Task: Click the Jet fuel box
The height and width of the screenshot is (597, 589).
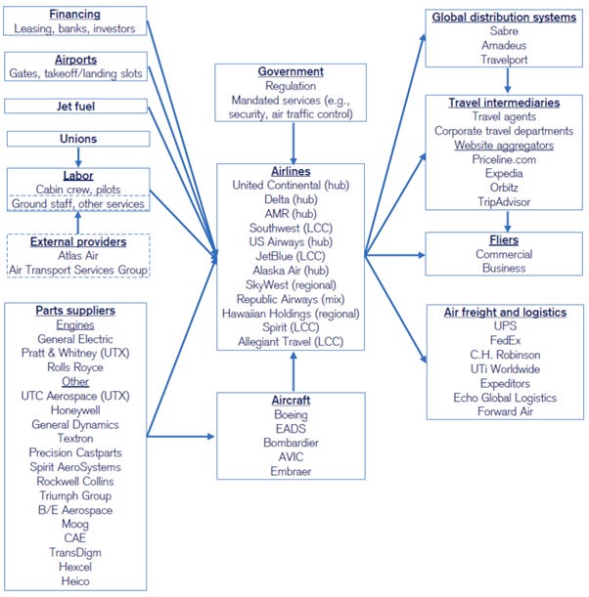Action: [75, 106]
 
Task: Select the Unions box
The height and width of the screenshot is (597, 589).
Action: [76, 139]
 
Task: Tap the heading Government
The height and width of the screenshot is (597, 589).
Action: [292, 72]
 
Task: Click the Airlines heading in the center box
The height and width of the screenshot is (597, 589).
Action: [292, 170]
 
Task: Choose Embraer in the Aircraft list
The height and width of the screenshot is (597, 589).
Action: [292, 471]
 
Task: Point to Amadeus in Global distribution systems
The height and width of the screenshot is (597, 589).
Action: [505, 45]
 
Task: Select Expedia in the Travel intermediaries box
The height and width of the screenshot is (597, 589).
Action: [505, 174]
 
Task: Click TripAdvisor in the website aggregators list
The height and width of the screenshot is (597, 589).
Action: [505, 202]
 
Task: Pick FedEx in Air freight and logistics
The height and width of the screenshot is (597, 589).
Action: [505, 341]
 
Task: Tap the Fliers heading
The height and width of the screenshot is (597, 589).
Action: [505, 238]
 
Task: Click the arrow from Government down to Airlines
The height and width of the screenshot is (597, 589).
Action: [292, 141]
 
